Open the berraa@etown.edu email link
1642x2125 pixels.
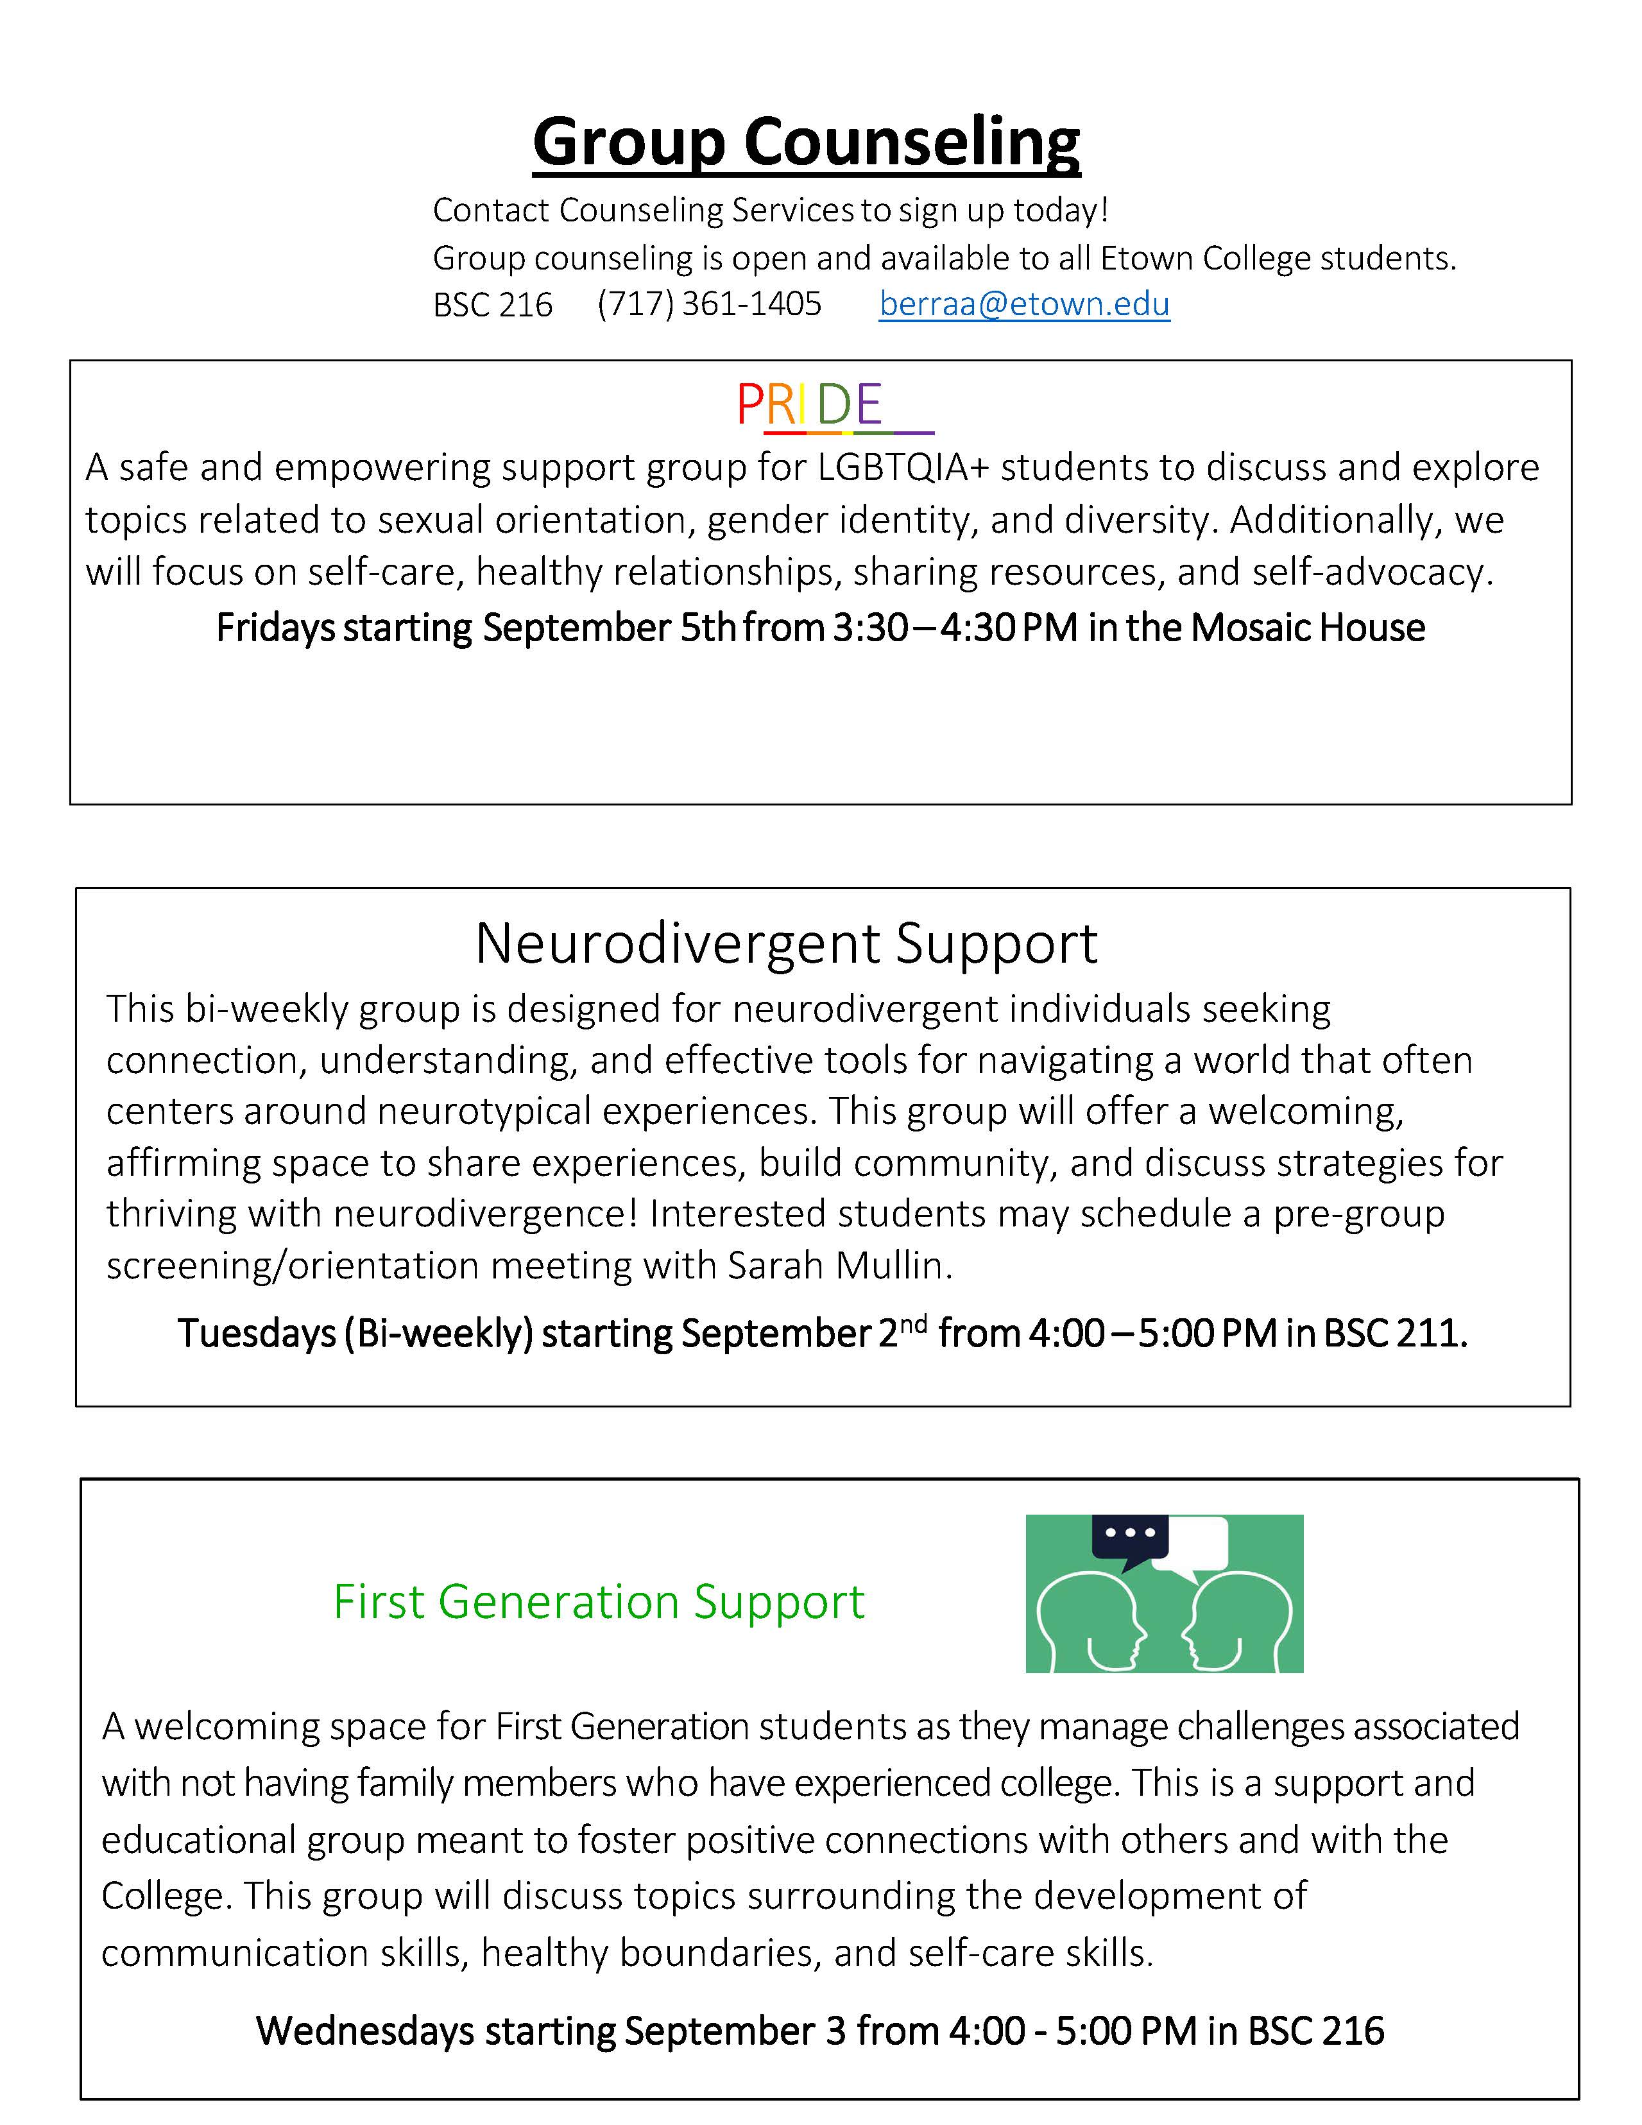pyautogui.click(x=1023, y=305)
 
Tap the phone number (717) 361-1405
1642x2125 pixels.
pyautogui.click(x=709, y=305)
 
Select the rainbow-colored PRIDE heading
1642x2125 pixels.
pyautogui.click(x=809, y=405)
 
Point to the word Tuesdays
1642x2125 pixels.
pyautogui.click(x=257, y=1333)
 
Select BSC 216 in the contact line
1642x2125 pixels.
pyautogui.click(x=492, y=305)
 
